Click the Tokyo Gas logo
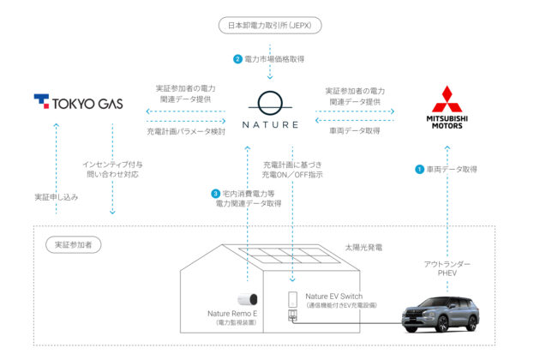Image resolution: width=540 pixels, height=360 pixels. [x=78, y=104]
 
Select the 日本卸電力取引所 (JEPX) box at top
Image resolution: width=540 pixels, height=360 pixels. [x=270, y=26]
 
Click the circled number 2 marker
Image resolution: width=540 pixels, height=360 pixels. [x=238, y=59]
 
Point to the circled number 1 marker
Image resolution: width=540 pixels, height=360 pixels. [x=420, y=170]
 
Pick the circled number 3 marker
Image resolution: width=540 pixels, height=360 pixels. [x=215, y=194]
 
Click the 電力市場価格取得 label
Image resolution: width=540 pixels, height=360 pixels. [x=274, y=59]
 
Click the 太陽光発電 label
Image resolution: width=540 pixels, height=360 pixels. [x=363, y=246]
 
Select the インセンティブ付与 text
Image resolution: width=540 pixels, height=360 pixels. [x=112, y=163]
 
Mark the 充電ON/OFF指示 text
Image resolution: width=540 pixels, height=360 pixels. [x=292, y=175]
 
